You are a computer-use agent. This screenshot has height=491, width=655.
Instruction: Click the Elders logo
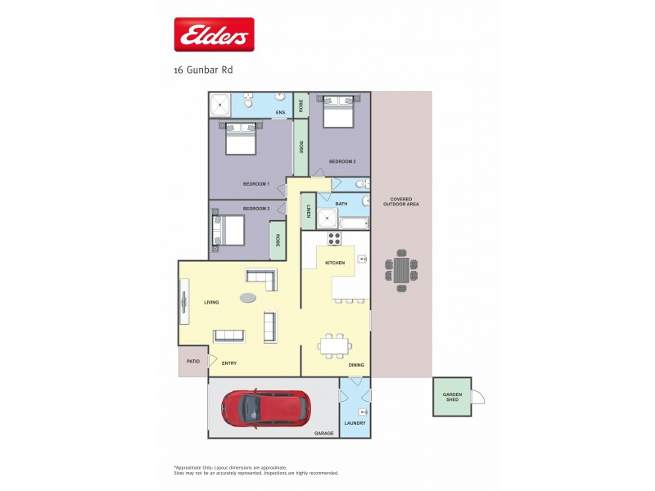[214, 35]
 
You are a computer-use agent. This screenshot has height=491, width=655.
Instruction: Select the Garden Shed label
[453, 397]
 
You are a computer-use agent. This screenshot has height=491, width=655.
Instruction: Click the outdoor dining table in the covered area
[401, 270]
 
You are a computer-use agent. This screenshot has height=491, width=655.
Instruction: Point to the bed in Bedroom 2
[338, 111]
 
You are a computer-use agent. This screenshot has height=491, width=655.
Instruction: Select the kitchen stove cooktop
[334, 239]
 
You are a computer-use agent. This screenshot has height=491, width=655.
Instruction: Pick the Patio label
[193, 361]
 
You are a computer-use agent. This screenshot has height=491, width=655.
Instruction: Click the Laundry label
[355, 423]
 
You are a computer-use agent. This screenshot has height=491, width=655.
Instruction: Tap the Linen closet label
[309, 211]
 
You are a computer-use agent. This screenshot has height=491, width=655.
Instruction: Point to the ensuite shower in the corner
[220, 105]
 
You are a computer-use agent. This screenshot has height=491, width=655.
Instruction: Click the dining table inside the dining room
[334, 346]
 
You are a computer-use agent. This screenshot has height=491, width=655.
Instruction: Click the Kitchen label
[335, 262]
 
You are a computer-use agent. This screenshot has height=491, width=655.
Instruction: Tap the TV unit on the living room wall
[184, 303]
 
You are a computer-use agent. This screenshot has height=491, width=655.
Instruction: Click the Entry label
[229, 363]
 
